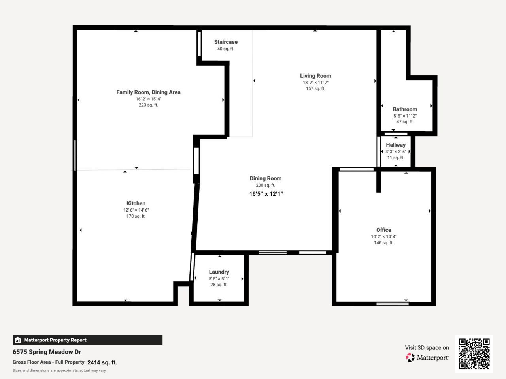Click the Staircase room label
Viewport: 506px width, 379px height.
pos(226,42)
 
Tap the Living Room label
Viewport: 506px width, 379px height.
pos(315,76)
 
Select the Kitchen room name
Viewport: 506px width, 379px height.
pos(136,203)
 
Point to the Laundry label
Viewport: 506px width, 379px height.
pos(219,272)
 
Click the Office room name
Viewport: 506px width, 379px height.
pos(383,230)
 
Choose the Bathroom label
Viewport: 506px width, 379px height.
pos(405,109)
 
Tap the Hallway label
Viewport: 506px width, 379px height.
pos(396,145)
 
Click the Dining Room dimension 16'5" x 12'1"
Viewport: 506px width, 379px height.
pos(266,194)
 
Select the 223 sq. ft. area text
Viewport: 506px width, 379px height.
pos(148,105)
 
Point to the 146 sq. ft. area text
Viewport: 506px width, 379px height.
pos(383,243)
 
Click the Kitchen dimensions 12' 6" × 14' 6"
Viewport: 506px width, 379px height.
pos(136,210)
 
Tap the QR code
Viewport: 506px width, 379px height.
pos(474,353)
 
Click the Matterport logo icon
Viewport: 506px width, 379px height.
pos(410,357)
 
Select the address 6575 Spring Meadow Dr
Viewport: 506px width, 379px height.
pos(47,352)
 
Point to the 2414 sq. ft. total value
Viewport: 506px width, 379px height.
pos(102,362)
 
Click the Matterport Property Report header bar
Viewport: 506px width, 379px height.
pos(87,340)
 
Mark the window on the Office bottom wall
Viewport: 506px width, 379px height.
pos(392,304)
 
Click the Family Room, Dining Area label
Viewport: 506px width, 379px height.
pos(148,92)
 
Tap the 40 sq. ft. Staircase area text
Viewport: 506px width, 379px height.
pos(226,49)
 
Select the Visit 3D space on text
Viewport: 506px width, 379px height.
pos(427,348)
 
